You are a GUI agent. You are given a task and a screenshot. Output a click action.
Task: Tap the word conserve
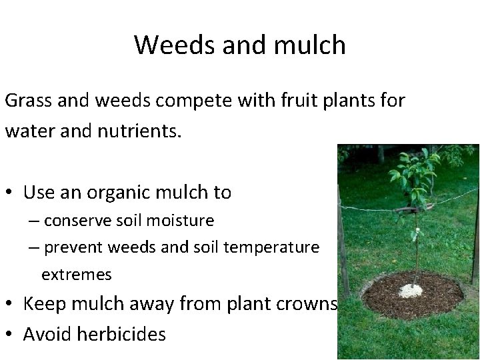pyautogui.click(x=83, y=220)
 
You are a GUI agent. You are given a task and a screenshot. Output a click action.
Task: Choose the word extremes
pyautogui.click(x=77, y=274)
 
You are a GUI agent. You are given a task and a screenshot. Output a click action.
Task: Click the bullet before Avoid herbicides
pyautogui.click(x=11, y=333)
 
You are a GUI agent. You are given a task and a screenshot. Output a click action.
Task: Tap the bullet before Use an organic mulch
pyautogui.click(x=11, y=194)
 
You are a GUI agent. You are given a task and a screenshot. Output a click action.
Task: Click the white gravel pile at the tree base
pyautogui.click(x=411, y=291)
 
